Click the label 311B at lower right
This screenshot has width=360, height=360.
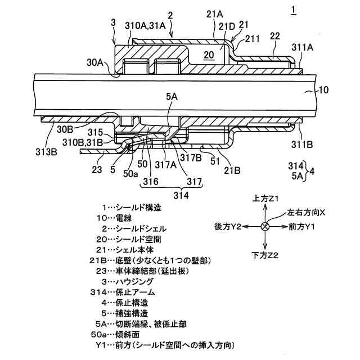click(303, 143)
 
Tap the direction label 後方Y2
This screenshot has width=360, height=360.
click(228, 226)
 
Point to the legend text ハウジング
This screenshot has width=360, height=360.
click(136, 282)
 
